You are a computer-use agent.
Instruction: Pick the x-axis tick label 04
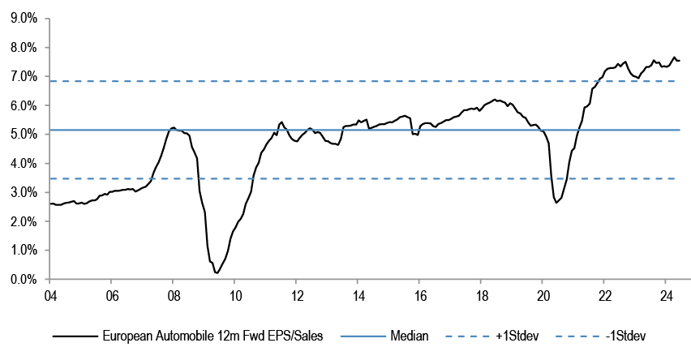click(49, 295)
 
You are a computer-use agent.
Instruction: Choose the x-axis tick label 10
click(234, 295)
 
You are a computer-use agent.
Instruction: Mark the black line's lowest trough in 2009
click(217, 272)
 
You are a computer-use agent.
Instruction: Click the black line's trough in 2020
click(556, 202)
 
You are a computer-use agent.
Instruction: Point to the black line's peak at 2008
click(173, 127)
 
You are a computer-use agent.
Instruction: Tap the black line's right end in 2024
click(680, 61)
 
